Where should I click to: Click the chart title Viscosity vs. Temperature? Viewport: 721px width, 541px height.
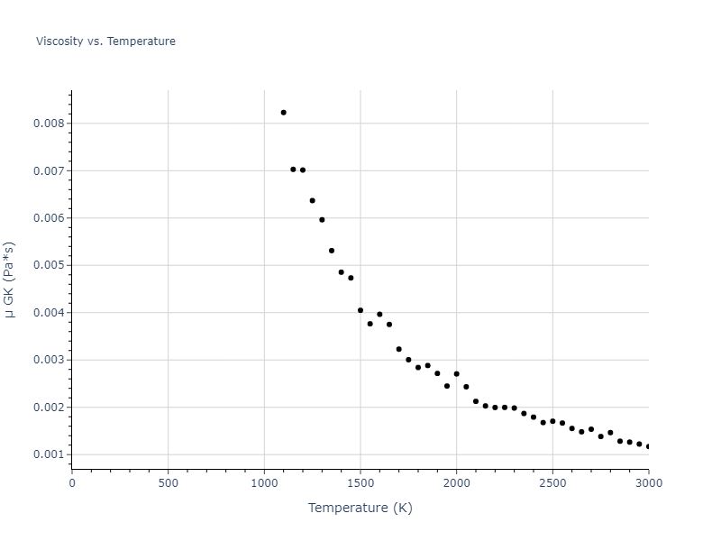(x=105, y=41)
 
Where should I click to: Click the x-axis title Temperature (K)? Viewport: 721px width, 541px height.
(x=360, y=509)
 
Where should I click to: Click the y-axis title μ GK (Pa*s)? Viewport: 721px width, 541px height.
(x=10, y=280)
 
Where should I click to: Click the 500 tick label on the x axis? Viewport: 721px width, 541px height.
(x=168, y=483)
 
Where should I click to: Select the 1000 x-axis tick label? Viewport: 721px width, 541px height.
(x=264, y=483)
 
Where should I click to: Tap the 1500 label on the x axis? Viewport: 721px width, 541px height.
(x=360, y=483)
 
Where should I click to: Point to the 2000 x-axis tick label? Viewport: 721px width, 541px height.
(x=456, y=483)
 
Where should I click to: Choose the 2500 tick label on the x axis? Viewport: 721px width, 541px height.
(x=552, y=483)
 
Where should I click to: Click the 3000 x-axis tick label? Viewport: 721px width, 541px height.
(x=648, y=483)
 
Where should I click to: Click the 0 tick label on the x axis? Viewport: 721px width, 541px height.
(x=72, y=483)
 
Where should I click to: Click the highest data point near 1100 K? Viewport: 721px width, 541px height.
(x=283, y=113)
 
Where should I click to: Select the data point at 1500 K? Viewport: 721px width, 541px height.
(x=360, y=310)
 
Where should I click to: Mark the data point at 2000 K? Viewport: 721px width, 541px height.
(x=456, y=373)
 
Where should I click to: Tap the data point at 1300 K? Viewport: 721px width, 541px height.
(x=322, y=220)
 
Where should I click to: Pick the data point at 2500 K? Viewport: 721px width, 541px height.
(x=552, y=421)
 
